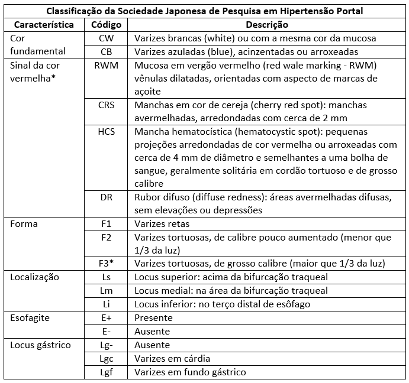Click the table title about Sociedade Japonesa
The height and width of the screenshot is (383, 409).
(204, 11)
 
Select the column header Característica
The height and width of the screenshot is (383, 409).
(43, 25)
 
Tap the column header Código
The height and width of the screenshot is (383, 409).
(107, 25)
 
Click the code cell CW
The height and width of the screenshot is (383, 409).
(107, 38)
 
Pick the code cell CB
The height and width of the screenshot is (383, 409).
(107, 52)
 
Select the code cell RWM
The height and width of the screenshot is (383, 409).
(107, 66)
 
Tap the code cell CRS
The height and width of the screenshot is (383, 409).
(107, 105)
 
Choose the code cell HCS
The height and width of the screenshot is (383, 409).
(107, 132)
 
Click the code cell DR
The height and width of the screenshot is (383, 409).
(107, 197)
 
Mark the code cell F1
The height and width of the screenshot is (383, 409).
(107, 225)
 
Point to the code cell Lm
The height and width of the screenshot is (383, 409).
(107, 291)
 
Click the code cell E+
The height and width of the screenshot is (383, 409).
(107, 318)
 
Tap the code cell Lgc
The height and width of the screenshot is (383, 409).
(107, 359)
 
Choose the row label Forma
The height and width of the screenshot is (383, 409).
(24, 225)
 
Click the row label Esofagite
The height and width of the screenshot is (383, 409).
(30, 318)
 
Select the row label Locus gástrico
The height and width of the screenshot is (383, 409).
(40, 345)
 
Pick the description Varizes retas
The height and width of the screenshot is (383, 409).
(162, 225)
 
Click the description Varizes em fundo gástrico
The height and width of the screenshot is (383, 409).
(190, 372)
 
